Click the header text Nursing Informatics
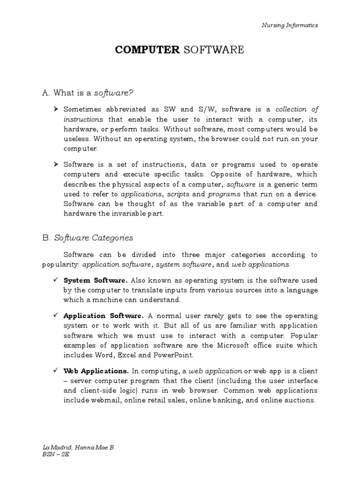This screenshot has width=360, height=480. pos(289,25)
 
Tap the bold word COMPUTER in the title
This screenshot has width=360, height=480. pos(147,50)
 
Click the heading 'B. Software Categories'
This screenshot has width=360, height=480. pos(87,238)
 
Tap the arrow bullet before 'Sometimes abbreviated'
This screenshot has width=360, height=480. pos(55,109)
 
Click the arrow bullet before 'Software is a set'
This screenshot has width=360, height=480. pos(55,164)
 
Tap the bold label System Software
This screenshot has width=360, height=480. pos(95,280)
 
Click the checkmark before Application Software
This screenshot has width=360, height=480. pos(55,315)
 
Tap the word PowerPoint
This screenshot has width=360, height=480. pos(180,355)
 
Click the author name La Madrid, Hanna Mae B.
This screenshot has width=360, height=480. pos(79,448)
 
